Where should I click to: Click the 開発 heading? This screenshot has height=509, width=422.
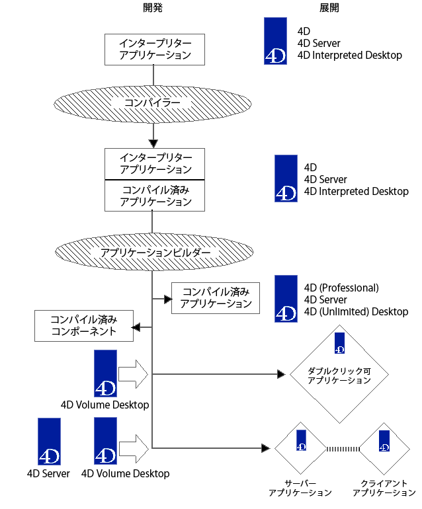[x=153, y=7]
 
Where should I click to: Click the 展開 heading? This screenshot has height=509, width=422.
[x=329, y=7]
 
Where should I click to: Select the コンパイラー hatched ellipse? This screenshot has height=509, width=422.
[x=153, y=102]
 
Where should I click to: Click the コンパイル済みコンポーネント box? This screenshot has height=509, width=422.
[x=83, y=325]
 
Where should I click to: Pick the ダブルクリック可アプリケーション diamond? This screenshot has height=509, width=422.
[x=339, y=375]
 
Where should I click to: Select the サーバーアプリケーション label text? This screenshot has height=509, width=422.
[x=300, y=488]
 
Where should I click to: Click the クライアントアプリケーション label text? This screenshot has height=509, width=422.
[x=384, y=488]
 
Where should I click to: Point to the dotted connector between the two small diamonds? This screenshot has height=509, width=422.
[x=343, y=449]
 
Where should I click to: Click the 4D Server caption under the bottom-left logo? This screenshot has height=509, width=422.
[x=48, y=473]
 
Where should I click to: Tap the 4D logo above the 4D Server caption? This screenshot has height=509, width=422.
[x=50, y=441]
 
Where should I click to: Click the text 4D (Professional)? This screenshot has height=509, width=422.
[x=341, y=288]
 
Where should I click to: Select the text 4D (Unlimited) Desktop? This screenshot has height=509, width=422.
[x=356, y=311]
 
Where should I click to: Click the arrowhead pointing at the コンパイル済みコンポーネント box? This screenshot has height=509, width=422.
[x=136, y=327]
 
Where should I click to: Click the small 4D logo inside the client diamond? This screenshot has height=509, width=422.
[x=384, y=440]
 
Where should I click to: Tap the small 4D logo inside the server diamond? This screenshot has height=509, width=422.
[x=301, y=440]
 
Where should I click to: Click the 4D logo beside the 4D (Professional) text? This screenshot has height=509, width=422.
[x=286, y=299]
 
